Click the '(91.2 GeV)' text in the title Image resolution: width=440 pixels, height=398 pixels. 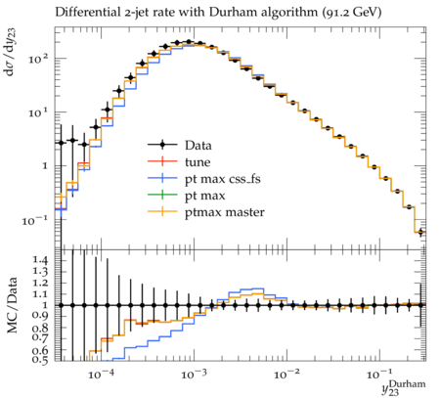[x=351, y=13]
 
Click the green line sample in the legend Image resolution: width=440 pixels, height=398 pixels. [x=162, y=195]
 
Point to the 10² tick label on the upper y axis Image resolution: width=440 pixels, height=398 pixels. [x=37, y=59]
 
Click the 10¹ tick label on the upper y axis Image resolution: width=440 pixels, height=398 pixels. [x=37, y=112]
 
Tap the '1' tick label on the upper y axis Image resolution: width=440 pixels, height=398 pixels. [x=44, y=166]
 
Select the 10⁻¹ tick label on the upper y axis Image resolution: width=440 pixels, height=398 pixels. [x=35, y=220]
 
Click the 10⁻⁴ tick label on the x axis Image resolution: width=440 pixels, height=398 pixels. [x=102, y=375]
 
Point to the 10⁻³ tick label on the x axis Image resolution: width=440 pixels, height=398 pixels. [x=195, y=375]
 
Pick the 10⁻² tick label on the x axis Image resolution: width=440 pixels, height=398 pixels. [x=287, y=375]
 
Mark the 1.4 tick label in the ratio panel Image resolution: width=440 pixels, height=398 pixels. [x=40, y=260]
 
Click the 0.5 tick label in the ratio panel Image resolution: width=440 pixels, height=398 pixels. [x=40, y=360]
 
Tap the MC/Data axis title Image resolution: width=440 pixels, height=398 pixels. [x=12, y=305]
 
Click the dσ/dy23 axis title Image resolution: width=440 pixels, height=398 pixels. [x=11, y=52]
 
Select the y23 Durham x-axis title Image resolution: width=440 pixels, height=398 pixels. [x=404, y=387]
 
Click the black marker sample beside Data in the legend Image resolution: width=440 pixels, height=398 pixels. [x=162, y=145]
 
